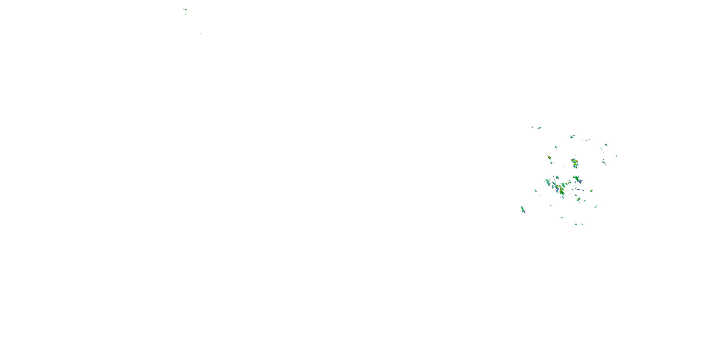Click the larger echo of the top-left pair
coord(185,10)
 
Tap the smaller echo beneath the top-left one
coord(185,14)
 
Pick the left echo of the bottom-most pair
coord(576,225)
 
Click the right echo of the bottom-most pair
coord(582,224)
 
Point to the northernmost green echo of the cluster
coord(539,128)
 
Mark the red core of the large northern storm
coord(572,160)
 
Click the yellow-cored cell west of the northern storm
coord(549,158)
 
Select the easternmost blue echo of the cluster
coord(616,156)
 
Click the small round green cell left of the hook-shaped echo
coord(557,177)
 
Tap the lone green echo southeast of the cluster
coord(595,206)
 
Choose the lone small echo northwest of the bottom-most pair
coord(562,218)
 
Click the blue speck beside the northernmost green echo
coord(533,127)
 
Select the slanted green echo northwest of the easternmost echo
coord(606,145)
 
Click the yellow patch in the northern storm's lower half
coord(575,164)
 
